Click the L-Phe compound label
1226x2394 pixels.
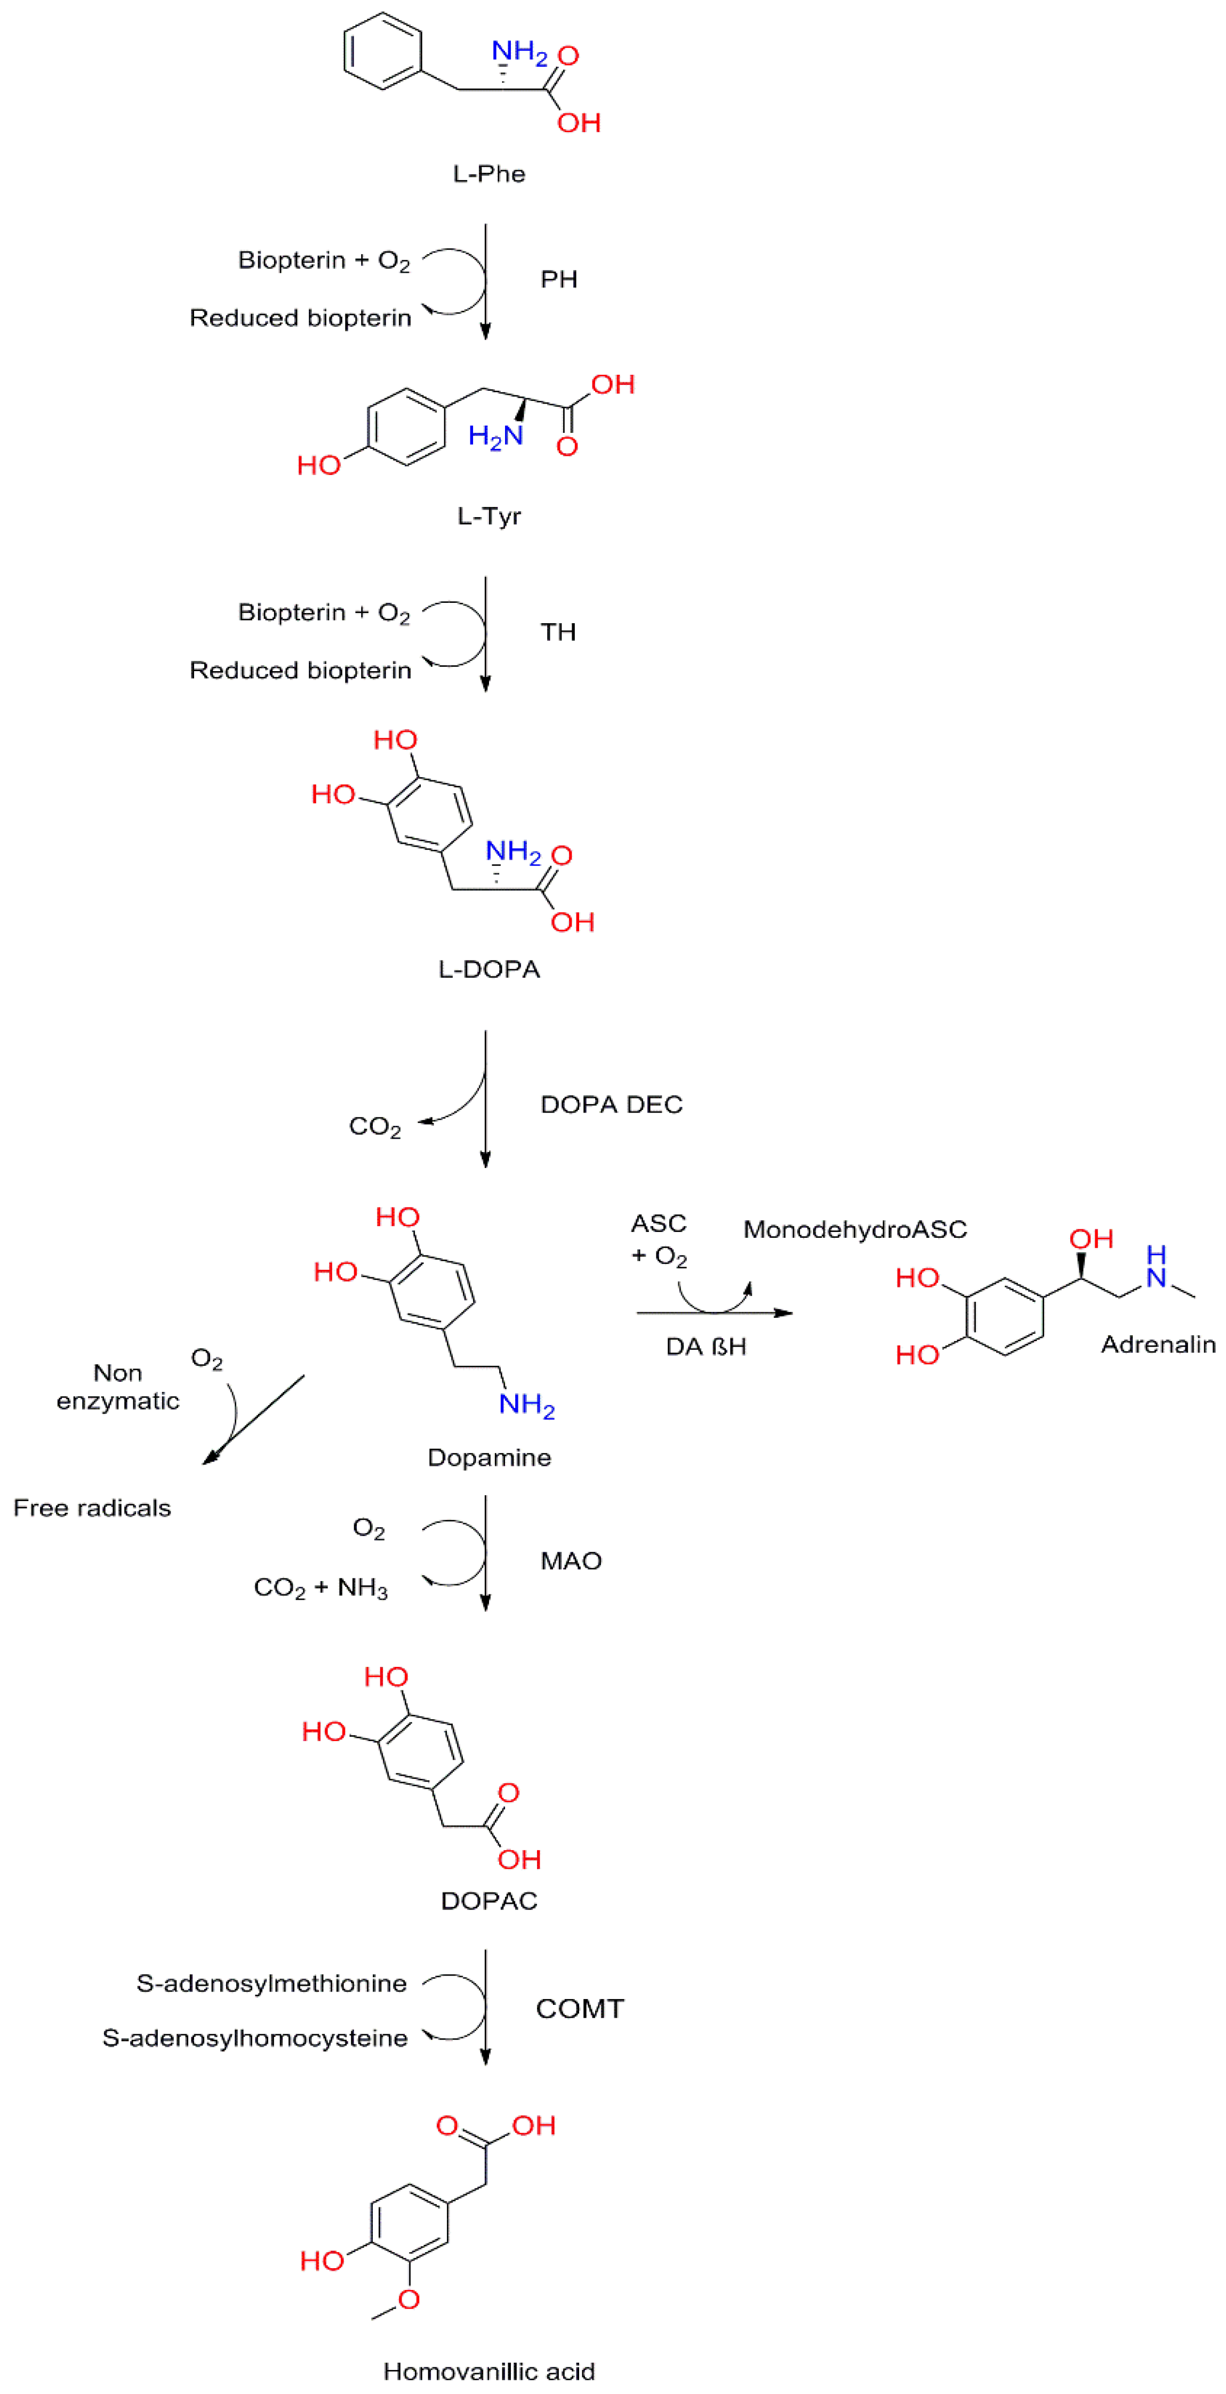pyautogui.click(x=489, y=174)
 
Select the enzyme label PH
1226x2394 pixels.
pyautogui.click(x=559, y=280)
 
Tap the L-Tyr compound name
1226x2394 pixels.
pyautogui.click(x=489, y=516)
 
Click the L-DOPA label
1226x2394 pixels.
pyautogui.click(x=489, y=969)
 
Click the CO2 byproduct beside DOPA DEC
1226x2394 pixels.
pyautogui.click(x=374, y=1126)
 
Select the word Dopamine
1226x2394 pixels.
pyautogui.click(x=489, y=1457)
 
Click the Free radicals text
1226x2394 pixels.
pyautogui.click(x=92, y=1508)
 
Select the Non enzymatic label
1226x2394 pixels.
pyautogui.click(x=118, y=1387)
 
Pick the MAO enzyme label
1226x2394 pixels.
pyautogui.click(x=571, y=1560)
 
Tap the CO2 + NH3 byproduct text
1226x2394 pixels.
pyautogui.click(x=320, y=1587)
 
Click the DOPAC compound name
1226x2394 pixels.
pyautogui.click(x=489, y=1900)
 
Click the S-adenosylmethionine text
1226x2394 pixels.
pyautogui.click(x=271, y=1983)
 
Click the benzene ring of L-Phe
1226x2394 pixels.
pyautogui.click(x=383, y=51)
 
